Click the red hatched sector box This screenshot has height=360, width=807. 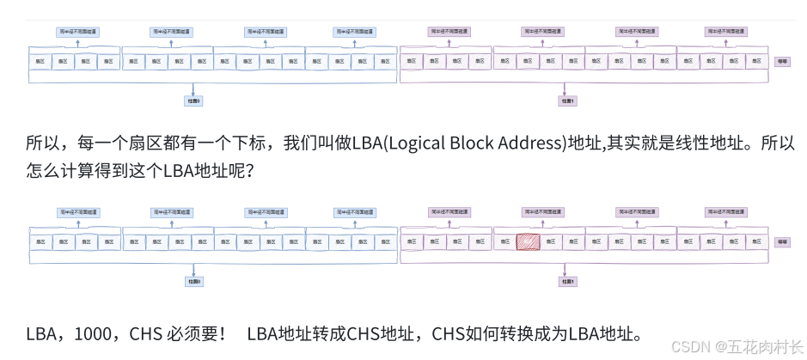[x=527, y=243]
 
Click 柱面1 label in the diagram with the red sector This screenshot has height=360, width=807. [x=567, y=281]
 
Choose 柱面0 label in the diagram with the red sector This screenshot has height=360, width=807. [x=195, y=281]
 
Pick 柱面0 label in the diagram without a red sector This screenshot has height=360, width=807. [x=194, y=101]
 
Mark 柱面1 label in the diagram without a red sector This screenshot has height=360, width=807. [x=567, y=101]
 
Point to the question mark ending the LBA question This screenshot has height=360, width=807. [x=248, y=171]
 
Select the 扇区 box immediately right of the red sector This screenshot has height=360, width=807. [x=550, y=243]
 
